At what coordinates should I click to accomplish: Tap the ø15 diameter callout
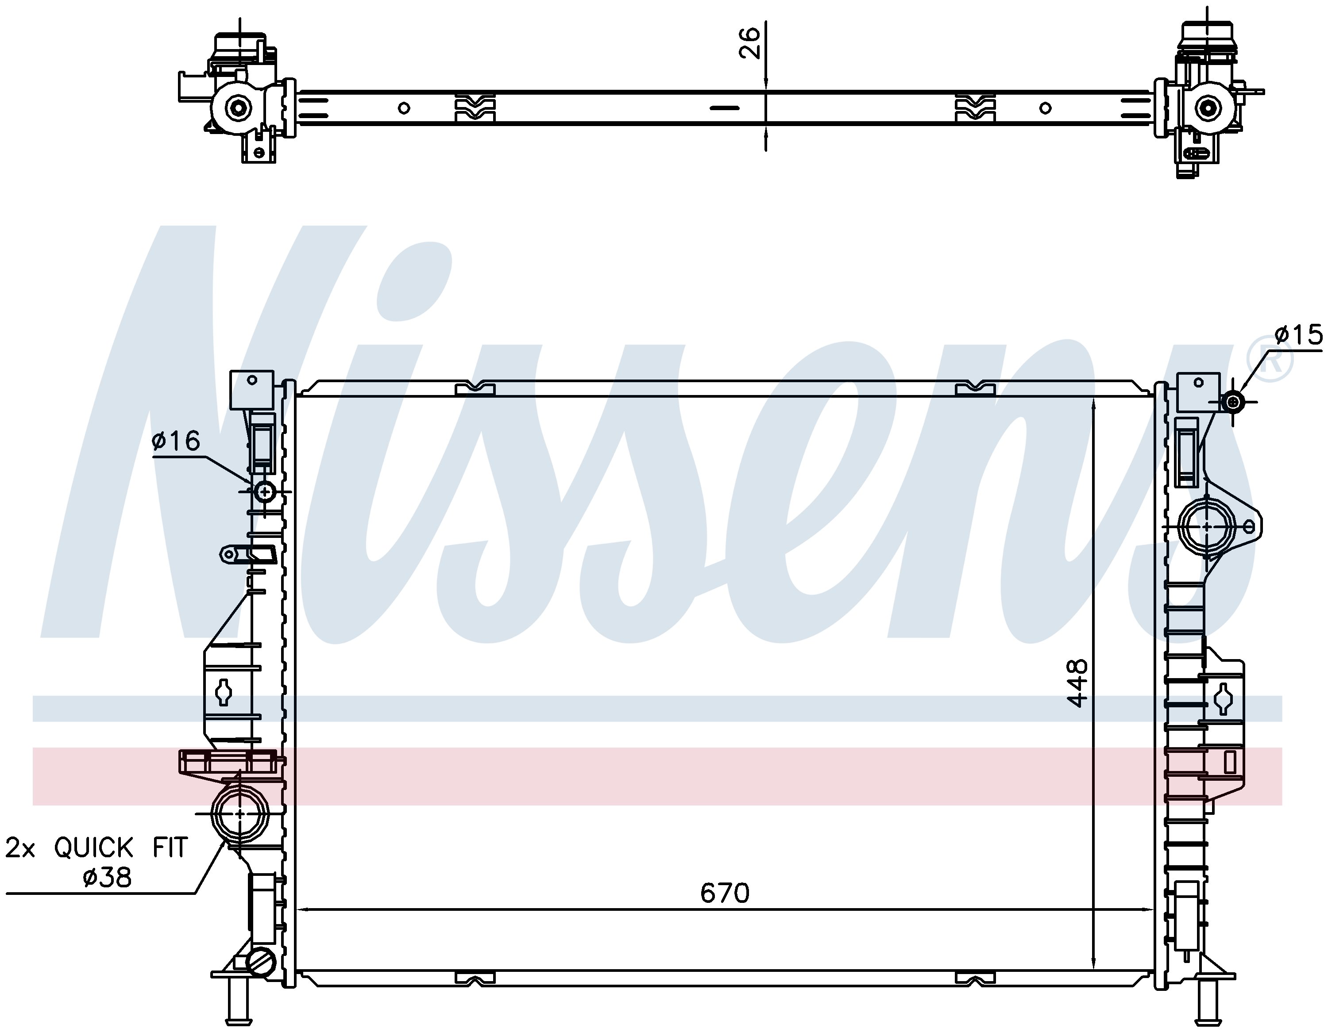[1298, 334]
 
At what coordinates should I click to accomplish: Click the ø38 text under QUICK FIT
[107, 878]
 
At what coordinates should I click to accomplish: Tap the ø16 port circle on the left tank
[265, 491]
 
